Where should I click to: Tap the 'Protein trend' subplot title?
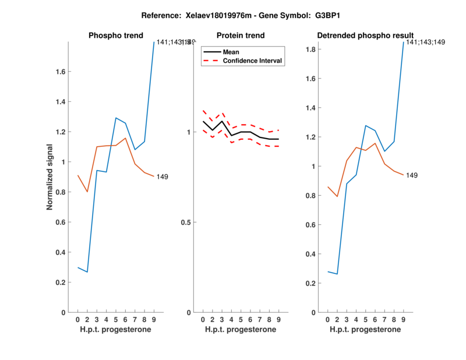pos(241,36)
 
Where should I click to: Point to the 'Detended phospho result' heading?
pos(365,36)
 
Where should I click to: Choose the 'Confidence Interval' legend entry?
pos(253,61)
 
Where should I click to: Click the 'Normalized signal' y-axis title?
pos(50,177)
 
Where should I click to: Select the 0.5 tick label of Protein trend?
pos(186,223)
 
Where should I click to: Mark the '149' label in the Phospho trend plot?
pos(161,177)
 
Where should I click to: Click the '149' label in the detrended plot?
pos(412,175)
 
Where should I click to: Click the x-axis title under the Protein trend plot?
pos(241,330)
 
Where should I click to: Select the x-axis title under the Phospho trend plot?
pos(115,330)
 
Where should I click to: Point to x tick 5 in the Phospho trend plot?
pos(116,319)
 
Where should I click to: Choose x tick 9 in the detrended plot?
pos(403,319)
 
